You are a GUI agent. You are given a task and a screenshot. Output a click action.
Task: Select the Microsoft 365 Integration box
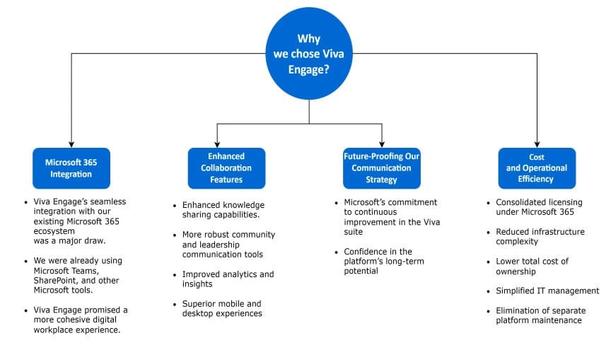(71, 168)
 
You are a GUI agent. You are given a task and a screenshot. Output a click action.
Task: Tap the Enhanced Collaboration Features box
(226, 168)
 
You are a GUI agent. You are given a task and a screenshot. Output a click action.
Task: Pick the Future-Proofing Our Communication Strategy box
(381, 168)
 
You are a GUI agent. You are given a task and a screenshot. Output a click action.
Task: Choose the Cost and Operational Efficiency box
(537, 168)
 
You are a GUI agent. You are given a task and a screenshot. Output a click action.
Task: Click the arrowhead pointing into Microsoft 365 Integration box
(71, 144)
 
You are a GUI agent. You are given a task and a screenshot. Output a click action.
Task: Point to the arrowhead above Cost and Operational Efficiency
(537, 144)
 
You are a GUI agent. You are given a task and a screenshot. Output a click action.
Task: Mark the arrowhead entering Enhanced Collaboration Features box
(217, 144)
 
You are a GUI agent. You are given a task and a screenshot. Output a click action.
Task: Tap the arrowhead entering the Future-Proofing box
(382, 144)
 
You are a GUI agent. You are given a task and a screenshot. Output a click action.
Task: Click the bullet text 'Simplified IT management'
(547, 291)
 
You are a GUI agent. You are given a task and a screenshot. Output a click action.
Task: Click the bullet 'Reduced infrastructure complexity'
(540, 236)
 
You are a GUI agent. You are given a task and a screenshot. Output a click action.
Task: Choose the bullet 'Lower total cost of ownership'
(531, 266)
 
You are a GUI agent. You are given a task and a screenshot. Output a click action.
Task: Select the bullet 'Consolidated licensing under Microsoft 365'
(538, 206)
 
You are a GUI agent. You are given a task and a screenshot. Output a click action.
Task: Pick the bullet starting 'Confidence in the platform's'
(378, 261)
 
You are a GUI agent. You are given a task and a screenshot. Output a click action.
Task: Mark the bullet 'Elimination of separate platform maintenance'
(538, 315)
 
